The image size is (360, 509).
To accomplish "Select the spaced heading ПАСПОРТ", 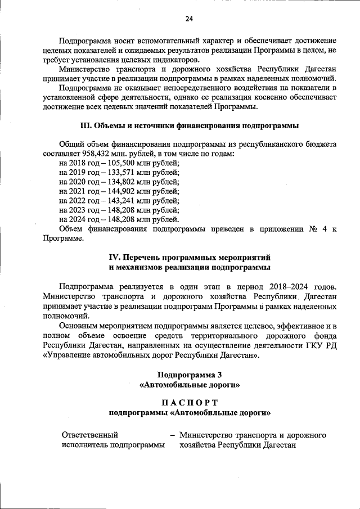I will [x=189, y=402].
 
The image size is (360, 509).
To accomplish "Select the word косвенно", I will [x=262, y=97].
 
